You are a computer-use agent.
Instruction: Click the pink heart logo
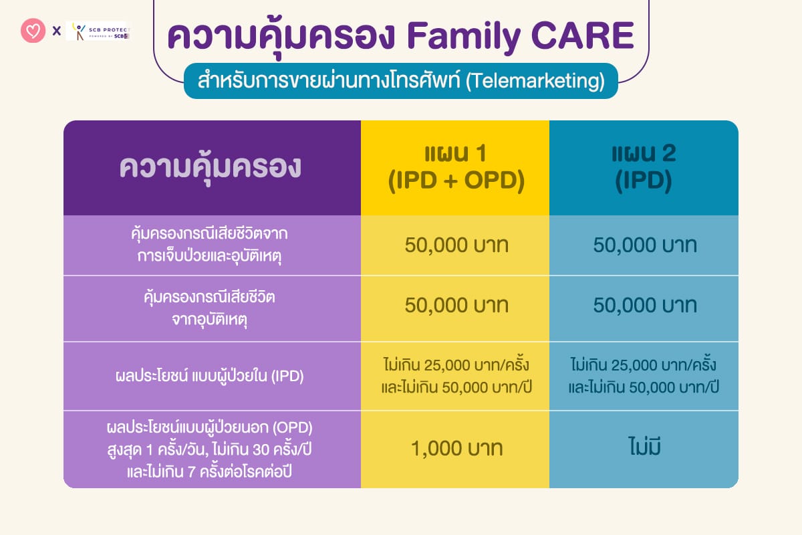click(33, 31)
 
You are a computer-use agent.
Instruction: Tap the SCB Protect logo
click(98, 31)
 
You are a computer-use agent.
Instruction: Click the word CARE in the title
click(583, 35)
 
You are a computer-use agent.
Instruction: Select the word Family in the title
click(464, 37)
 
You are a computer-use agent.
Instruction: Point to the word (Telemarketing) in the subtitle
click(535, 81)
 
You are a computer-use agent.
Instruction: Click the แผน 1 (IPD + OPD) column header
click(456, 167)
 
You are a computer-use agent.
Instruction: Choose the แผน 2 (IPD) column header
click(644, 167)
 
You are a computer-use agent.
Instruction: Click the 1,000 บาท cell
click(457, 448)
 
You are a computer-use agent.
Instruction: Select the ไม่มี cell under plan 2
click(644, 447)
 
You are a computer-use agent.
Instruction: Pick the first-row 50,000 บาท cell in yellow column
click(456, 245)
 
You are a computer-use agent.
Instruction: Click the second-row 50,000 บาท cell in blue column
click(645, 306)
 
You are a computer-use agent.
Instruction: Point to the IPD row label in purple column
click(209, 376)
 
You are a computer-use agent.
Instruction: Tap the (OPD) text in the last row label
click(292, 427)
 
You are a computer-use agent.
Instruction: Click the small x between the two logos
click(57, 31)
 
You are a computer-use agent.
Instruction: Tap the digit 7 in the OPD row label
click(191, 471)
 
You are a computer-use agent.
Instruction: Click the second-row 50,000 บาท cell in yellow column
click(456, 306)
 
